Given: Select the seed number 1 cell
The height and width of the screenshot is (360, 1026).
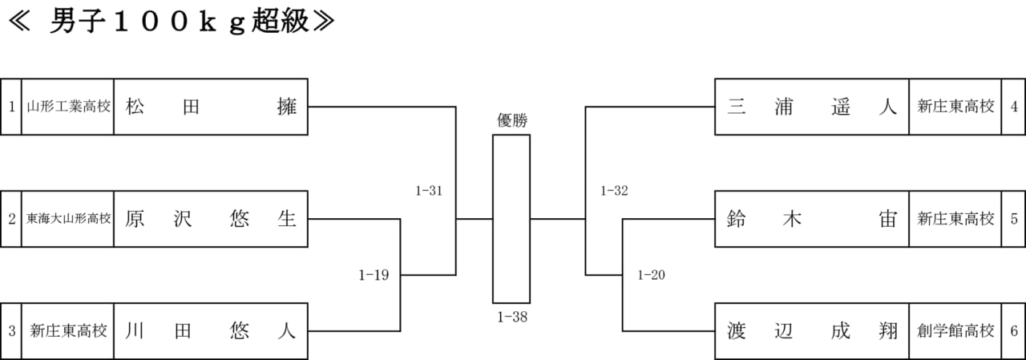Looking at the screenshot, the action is click(11, 107).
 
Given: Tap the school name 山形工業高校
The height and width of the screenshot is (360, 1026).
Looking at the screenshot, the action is click(68, 107).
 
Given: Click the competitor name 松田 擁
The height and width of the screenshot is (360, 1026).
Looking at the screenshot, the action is click(211, 107).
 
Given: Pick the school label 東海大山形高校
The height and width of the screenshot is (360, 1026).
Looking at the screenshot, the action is click(68, 218).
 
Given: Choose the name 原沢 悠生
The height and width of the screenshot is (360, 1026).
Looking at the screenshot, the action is click(211, 218).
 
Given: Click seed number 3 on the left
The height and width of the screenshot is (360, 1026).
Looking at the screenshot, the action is click(11, 330).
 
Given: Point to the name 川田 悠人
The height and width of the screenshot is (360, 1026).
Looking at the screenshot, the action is click(211, 330).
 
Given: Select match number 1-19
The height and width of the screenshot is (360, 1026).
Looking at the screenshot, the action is click(374, 275).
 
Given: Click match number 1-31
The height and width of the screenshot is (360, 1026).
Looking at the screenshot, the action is click(429, 191).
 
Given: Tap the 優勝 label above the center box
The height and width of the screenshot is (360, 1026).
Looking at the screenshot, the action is click(512, 120).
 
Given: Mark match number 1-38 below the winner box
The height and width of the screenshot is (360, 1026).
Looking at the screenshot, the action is click(512, 317).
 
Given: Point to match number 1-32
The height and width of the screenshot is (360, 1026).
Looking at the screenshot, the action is click(614, 191).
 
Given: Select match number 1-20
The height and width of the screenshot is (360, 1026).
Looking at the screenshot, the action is click(652, 275).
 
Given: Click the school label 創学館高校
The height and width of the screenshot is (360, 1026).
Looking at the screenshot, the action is click(955, 330).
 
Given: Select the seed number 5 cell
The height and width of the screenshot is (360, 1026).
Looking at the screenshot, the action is click(1014, 219).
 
